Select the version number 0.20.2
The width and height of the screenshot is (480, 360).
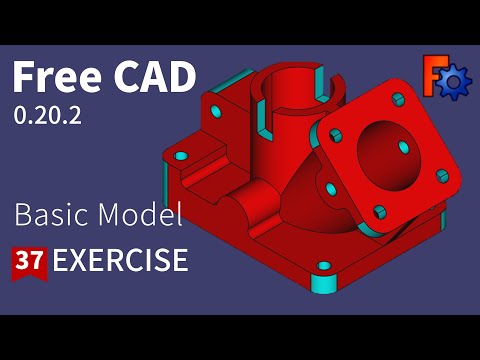(47, 115)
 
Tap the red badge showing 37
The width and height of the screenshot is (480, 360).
(29, 262)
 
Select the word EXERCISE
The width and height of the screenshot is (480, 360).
(120, 261)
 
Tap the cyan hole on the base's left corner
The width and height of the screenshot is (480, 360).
(181, 157)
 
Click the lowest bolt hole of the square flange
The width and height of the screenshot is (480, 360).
(380, 211)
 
